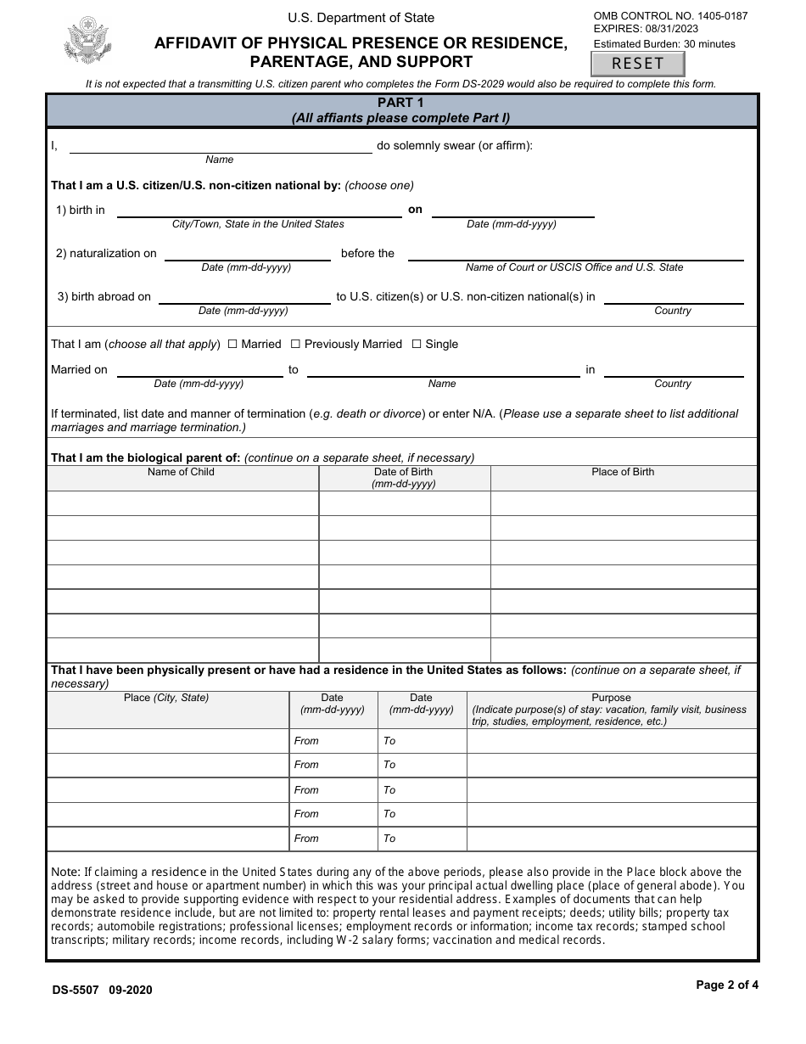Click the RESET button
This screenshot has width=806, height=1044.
click(637, 64)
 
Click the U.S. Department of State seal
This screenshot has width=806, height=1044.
click(87, 41)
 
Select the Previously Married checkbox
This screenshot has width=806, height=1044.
click(295, 344)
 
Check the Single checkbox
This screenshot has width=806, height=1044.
click(416, 344)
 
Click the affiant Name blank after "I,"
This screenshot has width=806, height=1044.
click(220, 146)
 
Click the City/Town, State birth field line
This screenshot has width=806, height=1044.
click(258, 210)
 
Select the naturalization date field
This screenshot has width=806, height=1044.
click(247, 254)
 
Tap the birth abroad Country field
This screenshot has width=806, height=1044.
click(673, 297)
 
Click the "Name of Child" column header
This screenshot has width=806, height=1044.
click(181, 472)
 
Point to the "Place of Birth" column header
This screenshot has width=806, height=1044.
click(623, 472)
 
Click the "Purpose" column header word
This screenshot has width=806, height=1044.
click(611, 698)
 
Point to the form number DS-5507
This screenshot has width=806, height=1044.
click(76, 990)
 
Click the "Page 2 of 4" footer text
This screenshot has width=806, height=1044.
click(727, 985)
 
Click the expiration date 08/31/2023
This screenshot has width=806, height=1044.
click(670, 29)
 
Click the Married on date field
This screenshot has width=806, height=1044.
click(199, 370)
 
